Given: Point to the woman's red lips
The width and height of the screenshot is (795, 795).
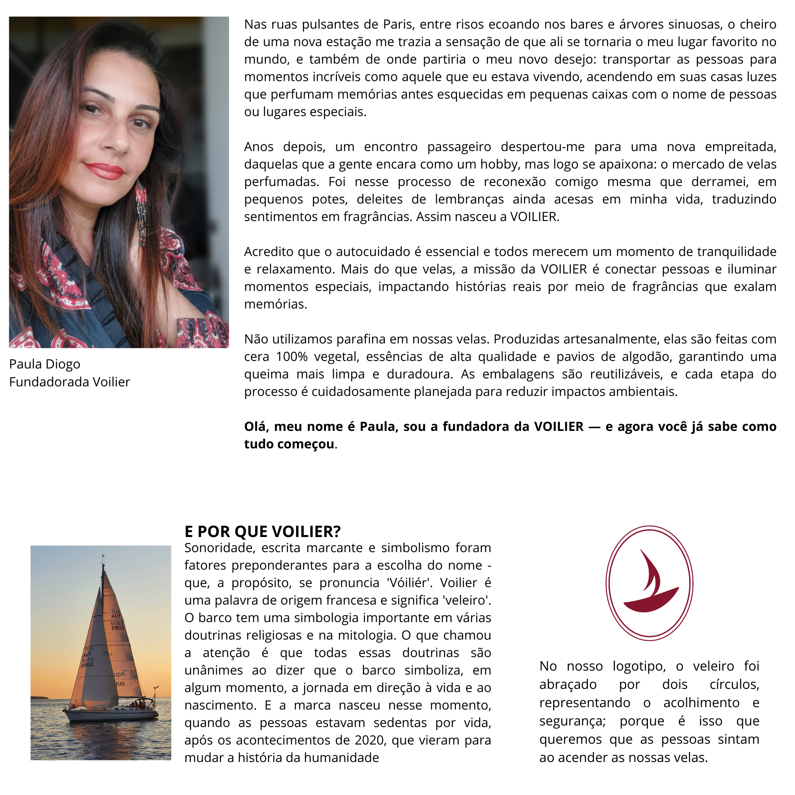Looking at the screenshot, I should pyautogui.click(x=105, y=171).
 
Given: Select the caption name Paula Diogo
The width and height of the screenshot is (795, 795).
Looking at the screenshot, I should pyautogui.click(x=45, y=364).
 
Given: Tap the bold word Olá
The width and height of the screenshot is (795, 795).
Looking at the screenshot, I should pyautogui.click(x=256, y=427).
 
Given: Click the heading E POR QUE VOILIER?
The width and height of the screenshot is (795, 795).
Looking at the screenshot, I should pyautogui.click(x=262, y=531).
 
